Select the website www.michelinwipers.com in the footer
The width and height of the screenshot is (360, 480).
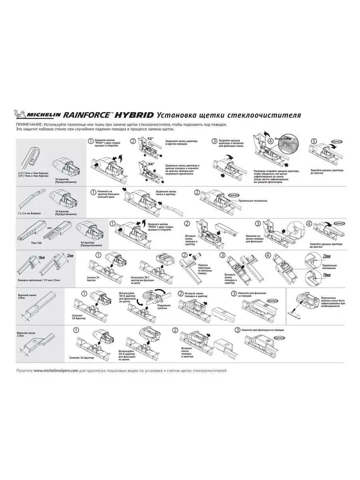[x=56, y=370]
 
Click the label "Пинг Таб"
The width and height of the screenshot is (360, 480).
[x=37, y=243]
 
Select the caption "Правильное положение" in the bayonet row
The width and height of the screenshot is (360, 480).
[x=252, y=201]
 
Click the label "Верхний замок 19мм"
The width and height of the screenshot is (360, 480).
[x=24, y=296]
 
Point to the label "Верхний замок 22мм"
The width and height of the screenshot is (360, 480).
[x=24, y=334]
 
